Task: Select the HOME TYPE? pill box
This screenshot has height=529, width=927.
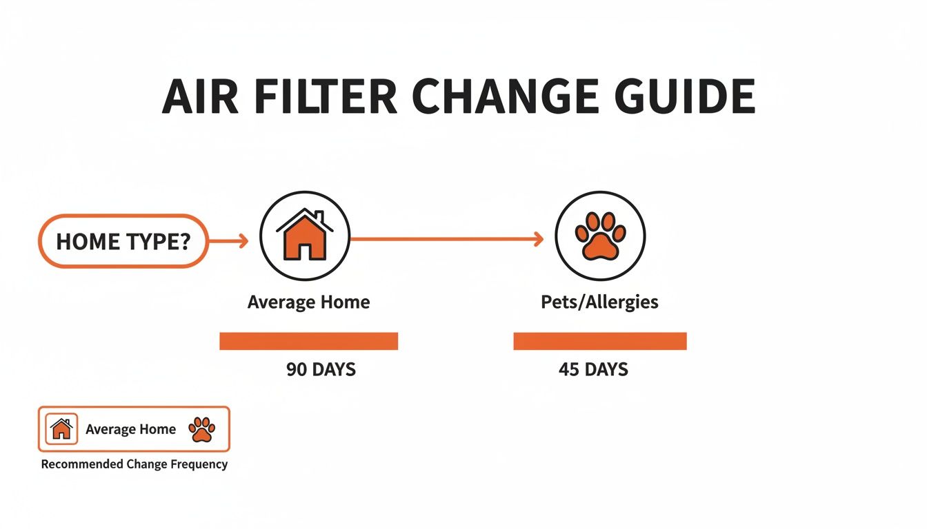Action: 123,241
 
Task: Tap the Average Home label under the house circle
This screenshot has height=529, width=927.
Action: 308,302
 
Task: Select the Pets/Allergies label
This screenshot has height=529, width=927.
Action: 599,302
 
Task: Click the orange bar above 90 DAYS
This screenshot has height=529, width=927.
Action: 308,341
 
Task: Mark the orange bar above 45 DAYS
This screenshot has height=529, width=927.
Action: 599,341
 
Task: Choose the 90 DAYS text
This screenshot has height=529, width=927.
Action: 321,369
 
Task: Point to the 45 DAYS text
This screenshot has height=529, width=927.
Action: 593,369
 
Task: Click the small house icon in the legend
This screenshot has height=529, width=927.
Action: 61,429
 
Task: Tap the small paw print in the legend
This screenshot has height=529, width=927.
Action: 201,429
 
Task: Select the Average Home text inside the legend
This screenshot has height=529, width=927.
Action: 130,429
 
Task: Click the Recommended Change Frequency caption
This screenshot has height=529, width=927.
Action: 134,464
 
